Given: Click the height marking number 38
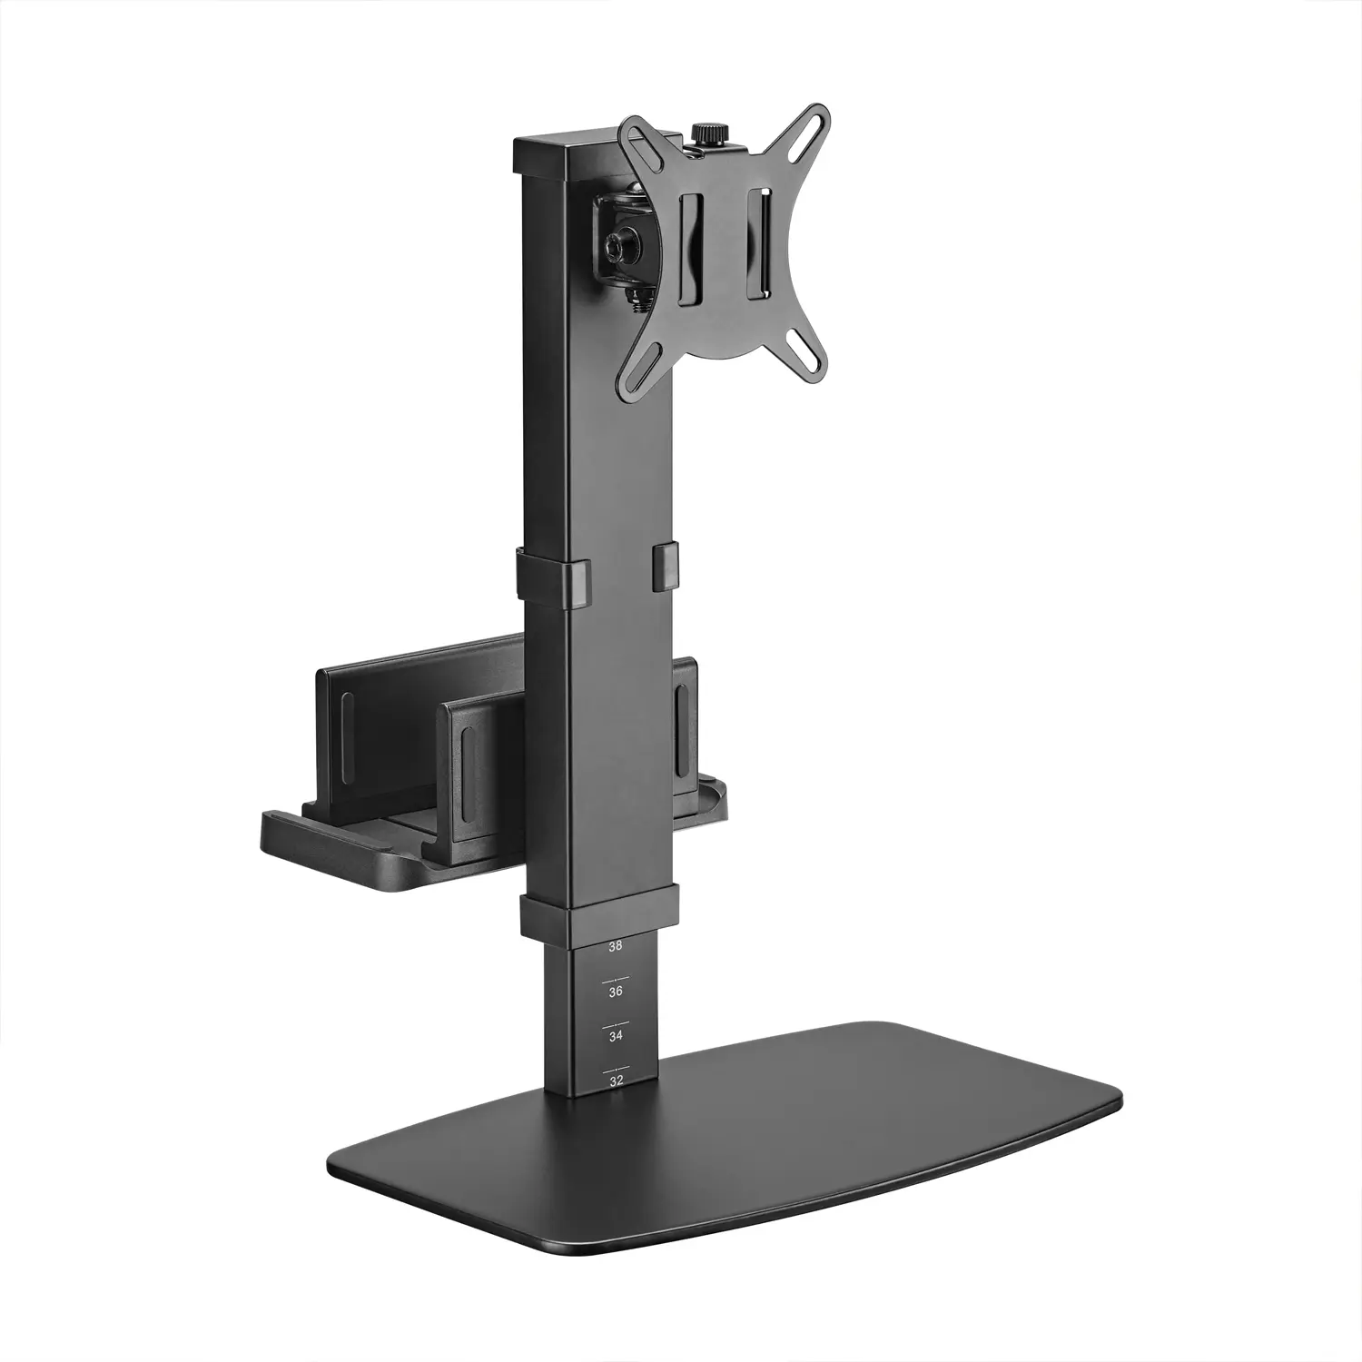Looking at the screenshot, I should point(616,946).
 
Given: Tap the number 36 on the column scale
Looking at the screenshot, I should point(616,992).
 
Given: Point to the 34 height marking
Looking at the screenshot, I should point(616,1036).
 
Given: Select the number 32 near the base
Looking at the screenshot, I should point(617,1081).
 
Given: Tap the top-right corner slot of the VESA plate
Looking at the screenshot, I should point(814,124).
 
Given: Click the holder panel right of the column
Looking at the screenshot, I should point(686,717).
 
